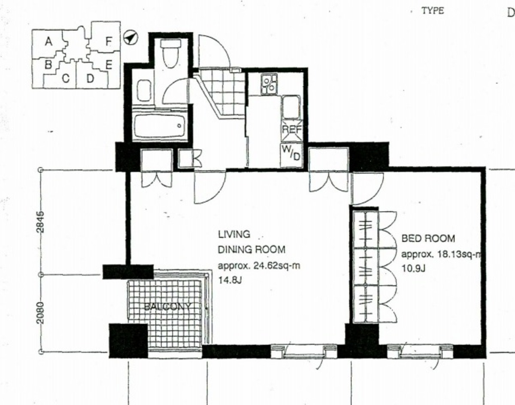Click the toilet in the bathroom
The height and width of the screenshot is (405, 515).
(x=171, y=54)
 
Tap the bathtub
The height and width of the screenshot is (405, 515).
(x=159, y=126)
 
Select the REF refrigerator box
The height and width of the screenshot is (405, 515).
(x=292, y=130)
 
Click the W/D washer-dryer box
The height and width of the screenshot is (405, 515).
(x=291, y=155)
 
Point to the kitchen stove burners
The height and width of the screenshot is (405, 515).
(x=269, y=84)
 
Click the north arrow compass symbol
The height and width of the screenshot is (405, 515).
(x=130, y=37)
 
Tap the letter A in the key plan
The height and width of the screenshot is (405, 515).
(x=48, y=42)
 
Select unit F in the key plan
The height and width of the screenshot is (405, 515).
(x=109, y=42)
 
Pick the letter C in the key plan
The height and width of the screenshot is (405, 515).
(x=66, y=79)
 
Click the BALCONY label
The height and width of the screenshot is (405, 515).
(x=168, y=306)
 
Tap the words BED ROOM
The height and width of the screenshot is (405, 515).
(x=428, y=239)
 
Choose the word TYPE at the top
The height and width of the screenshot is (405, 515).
(x=433, y=11)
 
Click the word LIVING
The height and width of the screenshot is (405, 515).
(x=234, y=234)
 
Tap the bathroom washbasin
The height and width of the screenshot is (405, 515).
(x=144, y=90)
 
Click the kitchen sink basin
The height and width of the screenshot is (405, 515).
(x=291, y=107)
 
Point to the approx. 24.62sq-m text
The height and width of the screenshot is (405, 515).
(x=259, y=266)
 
